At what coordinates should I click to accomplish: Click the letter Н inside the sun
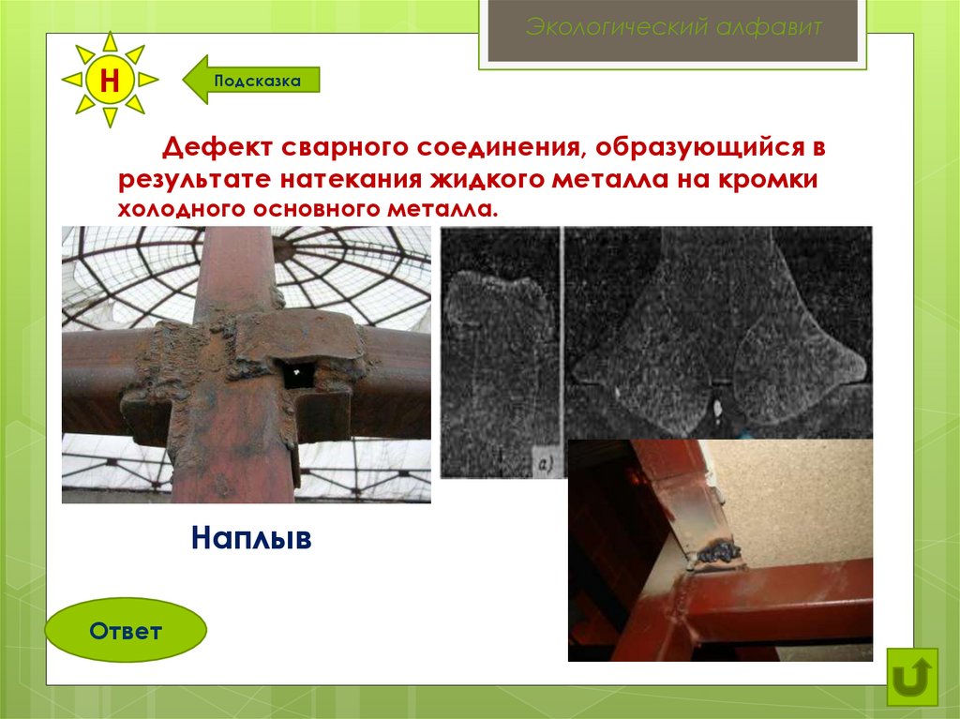click(109, 80)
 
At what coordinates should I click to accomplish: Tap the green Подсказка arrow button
click(251, 81)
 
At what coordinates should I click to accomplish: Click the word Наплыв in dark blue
click(251, 537)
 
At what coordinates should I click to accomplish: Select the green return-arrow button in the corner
click(912, 677)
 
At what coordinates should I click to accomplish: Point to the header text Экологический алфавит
click(673, 27)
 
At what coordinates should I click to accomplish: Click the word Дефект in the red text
click(217, 147)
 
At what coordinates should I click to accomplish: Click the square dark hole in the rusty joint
click(297, 373)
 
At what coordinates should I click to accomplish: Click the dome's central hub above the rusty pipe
click(283, 248)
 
